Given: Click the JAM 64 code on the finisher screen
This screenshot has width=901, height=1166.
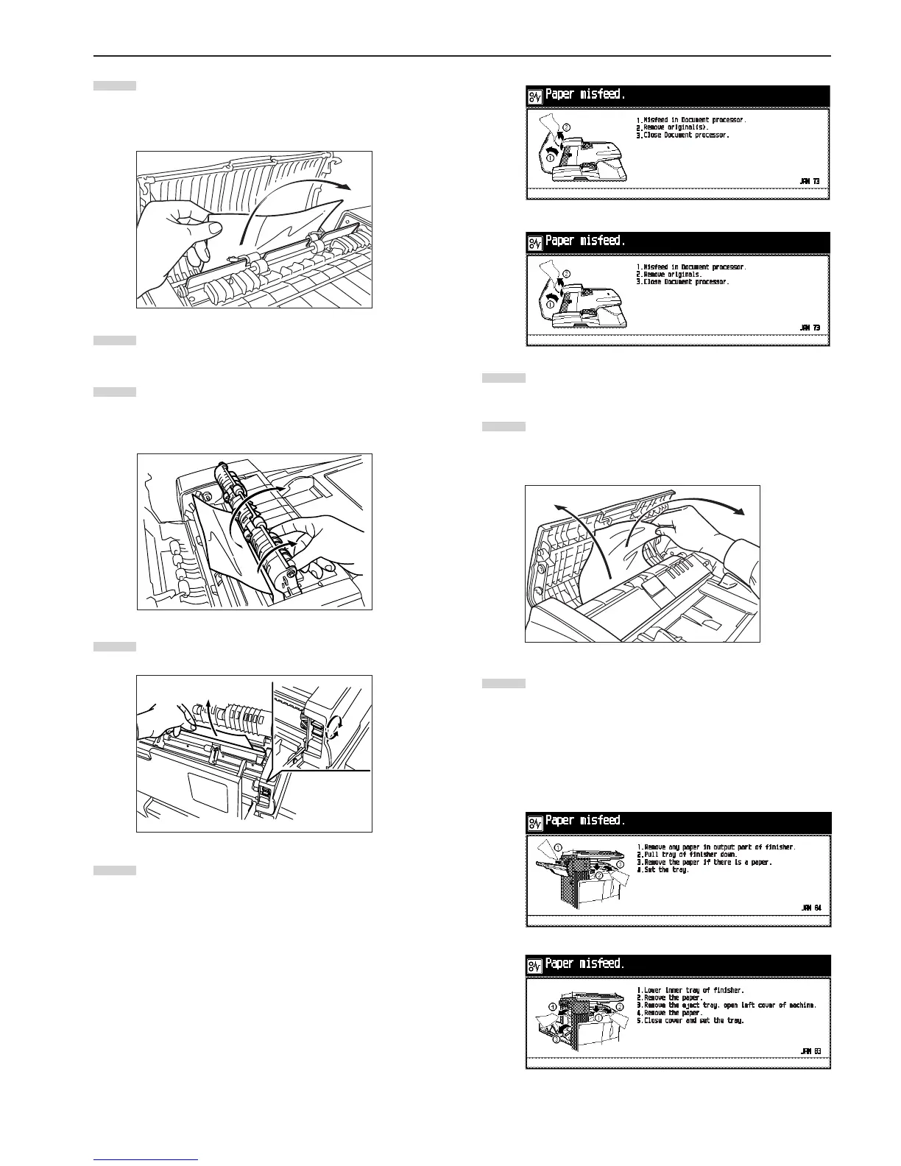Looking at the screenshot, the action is tap(810, 907).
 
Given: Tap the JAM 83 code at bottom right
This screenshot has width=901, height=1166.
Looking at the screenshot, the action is tap(810, 1050).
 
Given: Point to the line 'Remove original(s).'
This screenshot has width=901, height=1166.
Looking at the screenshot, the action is tap(677, 127).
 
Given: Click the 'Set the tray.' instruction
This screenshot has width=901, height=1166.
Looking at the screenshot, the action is tap(662, 869).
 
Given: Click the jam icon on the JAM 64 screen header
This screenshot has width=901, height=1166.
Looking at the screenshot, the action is tap(535, 821).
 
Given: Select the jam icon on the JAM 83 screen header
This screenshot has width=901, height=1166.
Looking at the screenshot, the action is tap(535, 964).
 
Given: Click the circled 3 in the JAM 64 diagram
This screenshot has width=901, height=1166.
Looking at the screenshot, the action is tap(620, 863).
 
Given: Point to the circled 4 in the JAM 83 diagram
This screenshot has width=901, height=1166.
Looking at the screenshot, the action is tap(551, 1006).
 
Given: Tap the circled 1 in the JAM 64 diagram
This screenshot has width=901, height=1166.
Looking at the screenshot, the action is tap(559, 847).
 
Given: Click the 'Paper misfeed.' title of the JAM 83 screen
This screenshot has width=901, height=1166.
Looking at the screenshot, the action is tap(584, 964).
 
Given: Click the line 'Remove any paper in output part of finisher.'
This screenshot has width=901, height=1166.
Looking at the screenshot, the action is tap(715, 847).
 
